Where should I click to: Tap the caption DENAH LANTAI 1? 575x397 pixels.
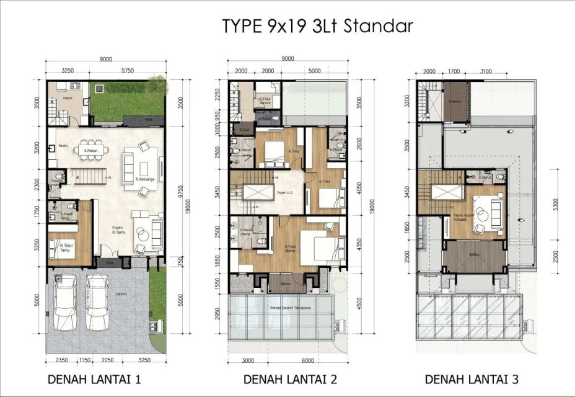95,379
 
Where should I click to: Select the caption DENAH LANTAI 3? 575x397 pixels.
472,379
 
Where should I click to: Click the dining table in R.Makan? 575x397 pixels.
89,149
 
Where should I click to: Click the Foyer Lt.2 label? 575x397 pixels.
284,193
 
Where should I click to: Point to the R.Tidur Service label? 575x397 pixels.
266,100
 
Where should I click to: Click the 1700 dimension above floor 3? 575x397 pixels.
455,71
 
